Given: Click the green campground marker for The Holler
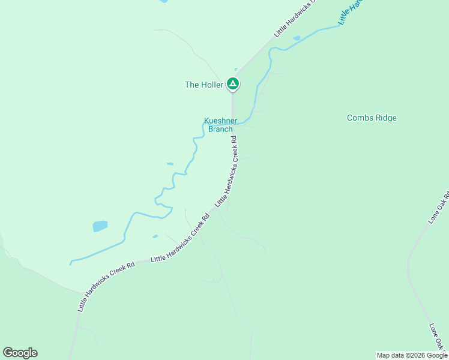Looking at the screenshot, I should [233, 85].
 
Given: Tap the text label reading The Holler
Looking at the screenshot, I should [203, 85].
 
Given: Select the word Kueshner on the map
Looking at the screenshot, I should [220, 120].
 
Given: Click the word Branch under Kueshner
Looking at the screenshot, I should [220, 128].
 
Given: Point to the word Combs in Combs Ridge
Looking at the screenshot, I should [359, 118].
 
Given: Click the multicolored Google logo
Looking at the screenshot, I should [20, 353].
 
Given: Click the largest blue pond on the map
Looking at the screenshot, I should [100, 226].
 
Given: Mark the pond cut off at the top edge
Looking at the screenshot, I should [163, 1].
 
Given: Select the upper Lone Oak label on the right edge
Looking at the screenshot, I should [439, 208].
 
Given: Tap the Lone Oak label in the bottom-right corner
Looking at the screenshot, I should [438, 337].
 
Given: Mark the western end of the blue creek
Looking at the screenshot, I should [71, 263].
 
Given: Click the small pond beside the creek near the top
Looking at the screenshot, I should [297, 38].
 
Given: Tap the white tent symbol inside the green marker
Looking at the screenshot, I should [233, 83].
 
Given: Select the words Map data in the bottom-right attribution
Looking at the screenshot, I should [388, 355].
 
